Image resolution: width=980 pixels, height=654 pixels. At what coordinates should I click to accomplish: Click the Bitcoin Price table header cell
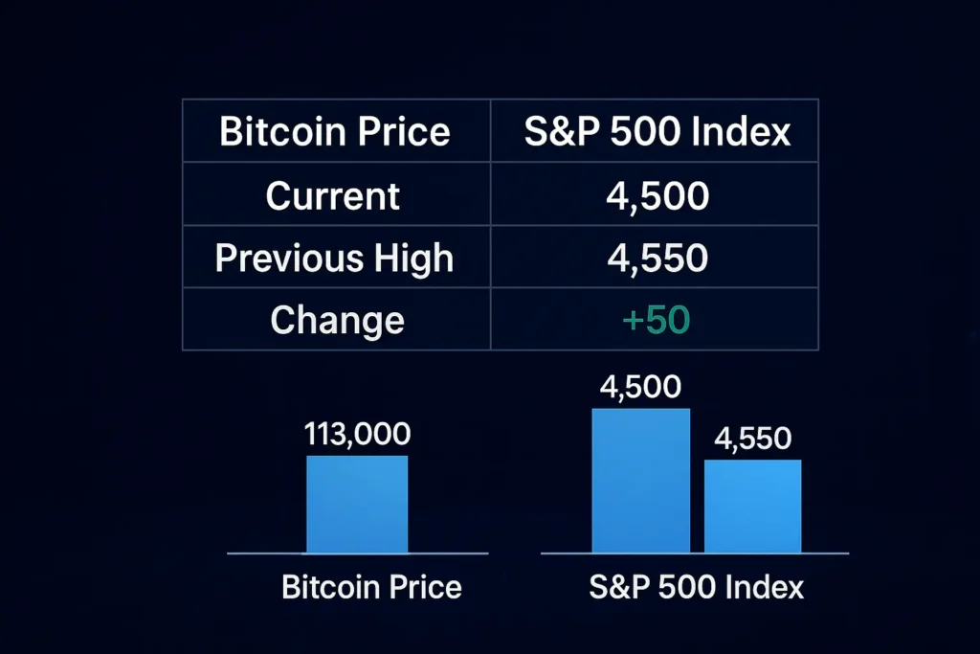(335, 131)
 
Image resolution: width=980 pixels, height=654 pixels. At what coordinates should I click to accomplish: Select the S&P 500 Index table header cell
(657, 131)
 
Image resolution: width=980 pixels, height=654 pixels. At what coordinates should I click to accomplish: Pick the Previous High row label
(334, 258)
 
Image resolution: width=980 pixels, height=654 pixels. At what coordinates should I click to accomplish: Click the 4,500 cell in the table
(657, 195)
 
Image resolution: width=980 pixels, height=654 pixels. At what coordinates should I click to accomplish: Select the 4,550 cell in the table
(657, 258)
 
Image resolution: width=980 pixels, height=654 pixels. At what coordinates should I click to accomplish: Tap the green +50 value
(656, 320)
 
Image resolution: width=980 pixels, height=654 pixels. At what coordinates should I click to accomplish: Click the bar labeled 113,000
(357, 504)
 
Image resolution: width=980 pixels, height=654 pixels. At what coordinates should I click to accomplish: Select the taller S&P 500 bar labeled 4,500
(640, 481)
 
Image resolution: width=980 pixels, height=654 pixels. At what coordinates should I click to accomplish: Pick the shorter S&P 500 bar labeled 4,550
(752, 506)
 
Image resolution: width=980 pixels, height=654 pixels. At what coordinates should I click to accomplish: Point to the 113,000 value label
(357, 434)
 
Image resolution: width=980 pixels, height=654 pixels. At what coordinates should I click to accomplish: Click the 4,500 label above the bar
(639, 388)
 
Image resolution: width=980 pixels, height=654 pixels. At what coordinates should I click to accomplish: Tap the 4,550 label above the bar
(752, 439)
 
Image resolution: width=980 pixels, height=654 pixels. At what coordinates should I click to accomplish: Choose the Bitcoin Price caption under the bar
(371, 586)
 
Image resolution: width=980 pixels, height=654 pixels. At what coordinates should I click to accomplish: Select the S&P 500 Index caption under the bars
(696, 586)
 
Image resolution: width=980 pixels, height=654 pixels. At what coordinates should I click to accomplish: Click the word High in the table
(415, 258)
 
